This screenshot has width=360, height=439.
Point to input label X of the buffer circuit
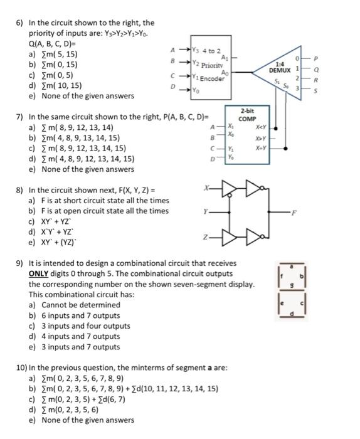(205, 188)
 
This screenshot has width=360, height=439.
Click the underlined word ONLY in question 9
(41, 273)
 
